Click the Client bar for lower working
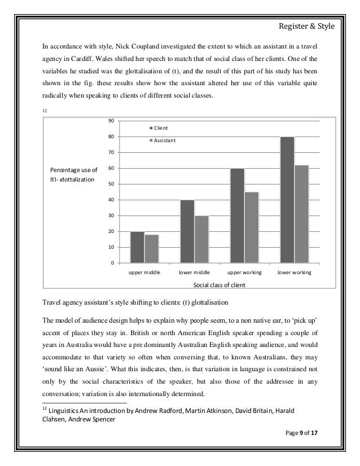pyautogui.click(x=287, y=200)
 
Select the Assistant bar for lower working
pyautogui.click(x=301, y=214)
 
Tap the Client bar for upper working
pyautogui.click(x=237, y=216)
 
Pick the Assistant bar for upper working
pyautogui.click(x=252, y=227)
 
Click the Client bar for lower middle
pyautogui.click(x=187, y=231)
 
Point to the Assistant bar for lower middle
pyautogui.click(x=201, y=239)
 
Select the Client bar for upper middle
pyautogui.click(x=137, y=247)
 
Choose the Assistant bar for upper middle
pyautogui.click(x=152, y=249)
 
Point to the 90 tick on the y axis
pyautogui.click(x=111, y=121)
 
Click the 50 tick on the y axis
pyautogui.click(x=111, y=184)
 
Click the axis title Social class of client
pyautogui.click(x=219, y=284)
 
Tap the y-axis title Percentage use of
pyautogui.click(x=73, y=170)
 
